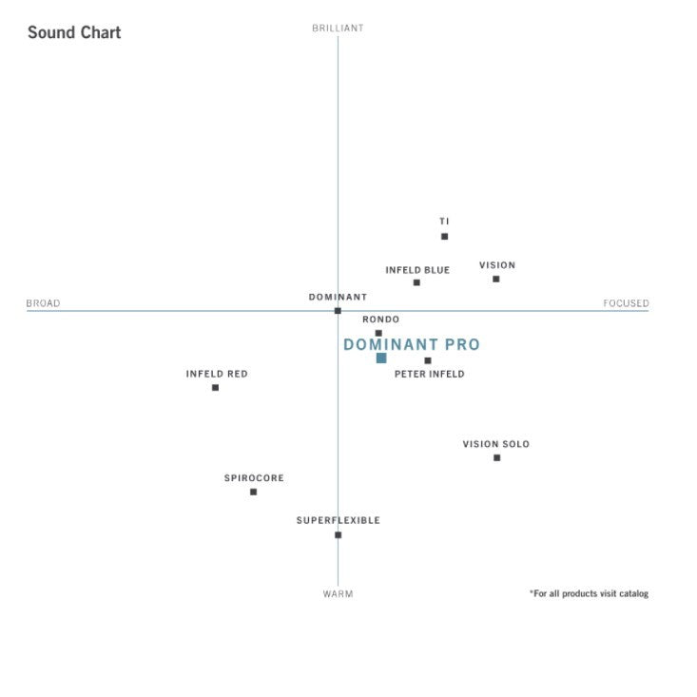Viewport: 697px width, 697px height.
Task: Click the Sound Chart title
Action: (74, 32)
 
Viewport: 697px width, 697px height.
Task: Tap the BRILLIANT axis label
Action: (338, 29)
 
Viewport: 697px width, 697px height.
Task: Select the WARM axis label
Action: (338, 594)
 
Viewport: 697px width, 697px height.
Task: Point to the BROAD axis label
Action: (43, 304)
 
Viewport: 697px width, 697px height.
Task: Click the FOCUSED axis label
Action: (626, 304)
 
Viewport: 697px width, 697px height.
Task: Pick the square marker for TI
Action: (444, 237)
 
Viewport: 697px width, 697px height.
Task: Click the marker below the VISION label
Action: (496, 279)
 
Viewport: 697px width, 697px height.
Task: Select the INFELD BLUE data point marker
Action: (416, 282)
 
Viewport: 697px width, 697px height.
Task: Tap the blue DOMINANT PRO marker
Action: (381, 358)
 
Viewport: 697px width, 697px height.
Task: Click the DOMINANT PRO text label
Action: (412, 345)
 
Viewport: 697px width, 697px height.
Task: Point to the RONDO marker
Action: (378, 334)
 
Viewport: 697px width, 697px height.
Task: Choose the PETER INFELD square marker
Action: (428, 360)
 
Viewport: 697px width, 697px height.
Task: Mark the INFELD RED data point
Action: (216, 388)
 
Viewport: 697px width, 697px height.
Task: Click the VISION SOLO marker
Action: (496, 458)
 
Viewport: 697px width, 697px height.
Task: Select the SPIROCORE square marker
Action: (254, 492)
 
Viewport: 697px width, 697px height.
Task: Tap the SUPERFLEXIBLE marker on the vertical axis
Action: (338, 534)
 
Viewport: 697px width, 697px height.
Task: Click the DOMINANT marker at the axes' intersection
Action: (338, 311)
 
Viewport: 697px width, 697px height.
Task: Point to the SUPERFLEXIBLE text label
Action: (338, 521)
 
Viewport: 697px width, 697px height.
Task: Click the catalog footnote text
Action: (589, 594)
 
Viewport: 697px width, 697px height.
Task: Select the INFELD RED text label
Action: (217, 375)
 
